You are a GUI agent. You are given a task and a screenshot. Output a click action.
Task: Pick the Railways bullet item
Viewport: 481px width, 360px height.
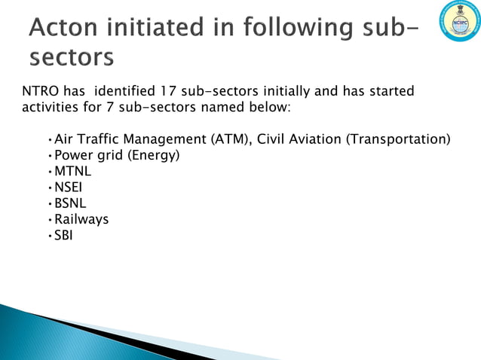(x=81, y=219)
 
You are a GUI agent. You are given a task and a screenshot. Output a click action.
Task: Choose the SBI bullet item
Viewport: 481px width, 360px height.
(x=64, y=235)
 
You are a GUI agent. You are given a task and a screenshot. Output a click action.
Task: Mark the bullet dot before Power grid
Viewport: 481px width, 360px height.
(x=49, y=157)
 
